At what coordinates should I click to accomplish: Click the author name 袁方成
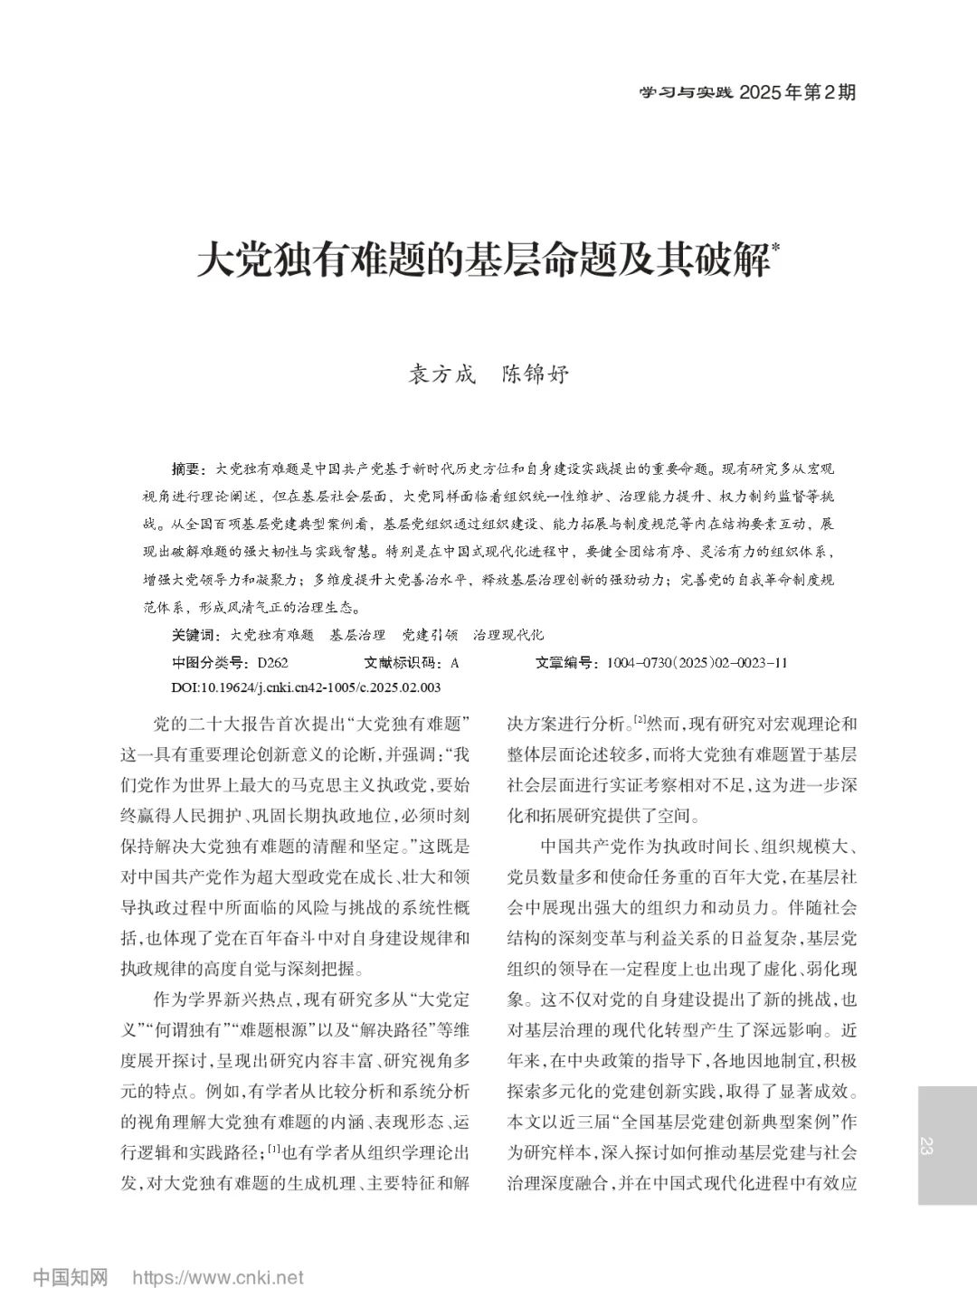point(443,374)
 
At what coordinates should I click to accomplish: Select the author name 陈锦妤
point(536,374)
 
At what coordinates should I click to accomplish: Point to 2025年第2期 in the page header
point(797,92)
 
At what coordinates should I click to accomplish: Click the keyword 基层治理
point(358,635)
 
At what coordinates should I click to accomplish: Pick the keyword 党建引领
point(431,635)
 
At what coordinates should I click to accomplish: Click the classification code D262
point(272,662)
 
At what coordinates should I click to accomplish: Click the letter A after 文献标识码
point(455,662)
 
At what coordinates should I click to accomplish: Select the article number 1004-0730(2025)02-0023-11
point(697,662)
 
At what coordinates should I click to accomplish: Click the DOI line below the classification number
point(305,687)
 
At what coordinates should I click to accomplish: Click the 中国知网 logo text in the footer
point(71,1278)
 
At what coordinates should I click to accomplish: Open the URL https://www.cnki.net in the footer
point(218,1279)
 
